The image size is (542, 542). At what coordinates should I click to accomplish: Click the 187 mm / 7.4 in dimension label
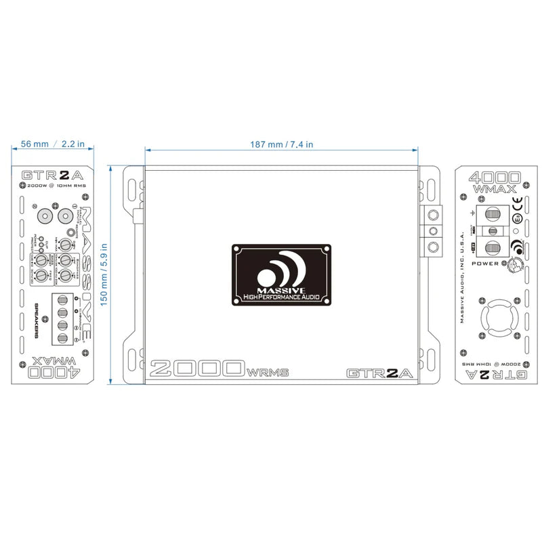280,144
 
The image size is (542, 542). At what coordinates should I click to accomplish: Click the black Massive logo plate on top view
281,274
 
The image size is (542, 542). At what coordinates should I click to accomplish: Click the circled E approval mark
515,218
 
